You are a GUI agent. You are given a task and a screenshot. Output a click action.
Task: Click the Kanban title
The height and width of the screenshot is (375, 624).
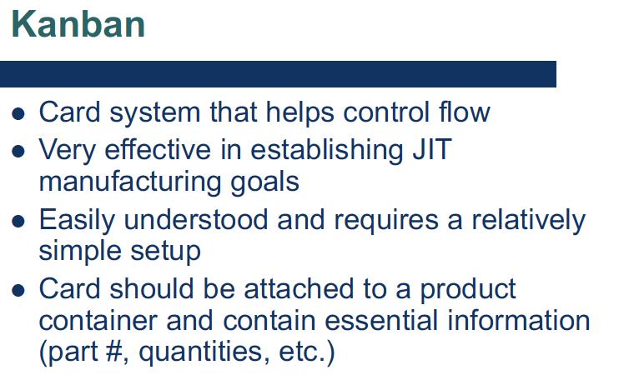[78, 25]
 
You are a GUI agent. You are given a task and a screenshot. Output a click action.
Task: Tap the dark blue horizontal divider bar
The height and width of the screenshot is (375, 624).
[278, 74]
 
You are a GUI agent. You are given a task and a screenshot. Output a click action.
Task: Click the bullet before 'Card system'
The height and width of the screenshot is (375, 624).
[18, 113]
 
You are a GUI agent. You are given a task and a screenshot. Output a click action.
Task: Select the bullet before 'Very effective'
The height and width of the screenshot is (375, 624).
[18, 152]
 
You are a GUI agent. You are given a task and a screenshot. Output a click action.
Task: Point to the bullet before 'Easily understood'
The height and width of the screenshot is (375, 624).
[18, 221]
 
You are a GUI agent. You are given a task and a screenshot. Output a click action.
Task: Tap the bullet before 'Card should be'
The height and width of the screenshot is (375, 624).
[18, 291]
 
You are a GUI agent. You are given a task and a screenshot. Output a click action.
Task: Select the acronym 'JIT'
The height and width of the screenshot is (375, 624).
[432, 149]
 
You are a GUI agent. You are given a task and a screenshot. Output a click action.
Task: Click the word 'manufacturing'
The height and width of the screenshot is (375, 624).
[130, 182]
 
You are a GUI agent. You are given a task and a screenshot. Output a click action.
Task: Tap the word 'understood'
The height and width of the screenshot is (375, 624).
[196, 219]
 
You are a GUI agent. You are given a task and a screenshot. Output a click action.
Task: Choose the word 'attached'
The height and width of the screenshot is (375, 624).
[299, 288]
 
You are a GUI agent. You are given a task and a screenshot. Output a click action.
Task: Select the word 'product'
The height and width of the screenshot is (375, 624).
[468, 290]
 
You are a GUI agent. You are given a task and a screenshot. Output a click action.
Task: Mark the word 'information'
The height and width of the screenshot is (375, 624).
[519, 321]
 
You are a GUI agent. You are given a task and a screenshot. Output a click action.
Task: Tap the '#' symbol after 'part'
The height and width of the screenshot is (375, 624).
[113, 351]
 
